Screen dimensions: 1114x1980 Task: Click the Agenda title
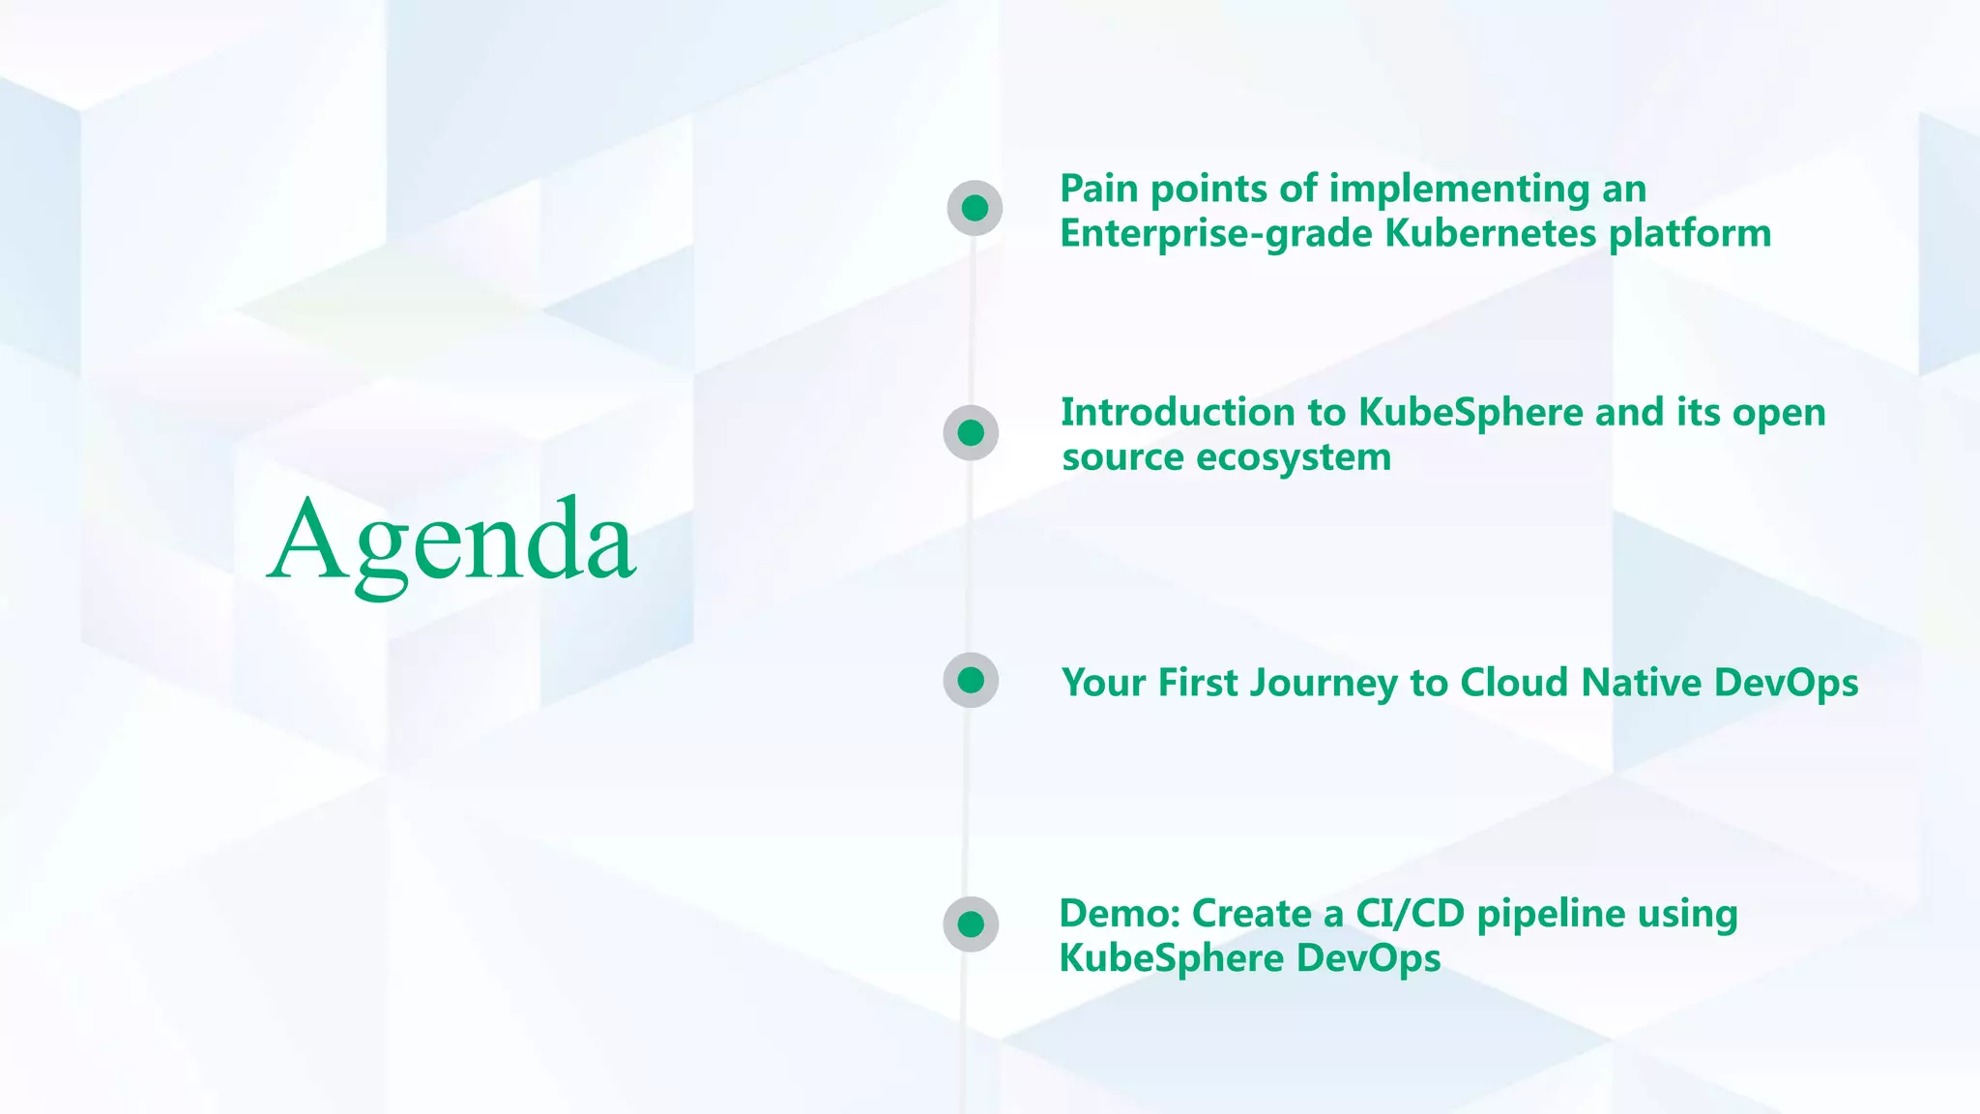[x=451, y=542]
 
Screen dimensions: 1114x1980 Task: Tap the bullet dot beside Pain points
[x=975, y=208]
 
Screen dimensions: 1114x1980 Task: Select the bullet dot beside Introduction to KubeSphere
[x=971, y=432]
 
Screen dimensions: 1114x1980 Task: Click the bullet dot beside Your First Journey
[x=971, y=680]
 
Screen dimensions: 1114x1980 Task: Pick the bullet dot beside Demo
[x=971, y=923]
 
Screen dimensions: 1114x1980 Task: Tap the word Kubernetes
[x=1490, y=234]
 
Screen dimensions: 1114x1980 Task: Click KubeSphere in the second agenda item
[x=1470, y=413]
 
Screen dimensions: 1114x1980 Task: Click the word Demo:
[x=1119, y=914]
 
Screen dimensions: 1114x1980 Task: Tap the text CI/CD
[x=1411, y=914]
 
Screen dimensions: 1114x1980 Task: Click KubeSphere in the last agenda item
[x=1171, y=959]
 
